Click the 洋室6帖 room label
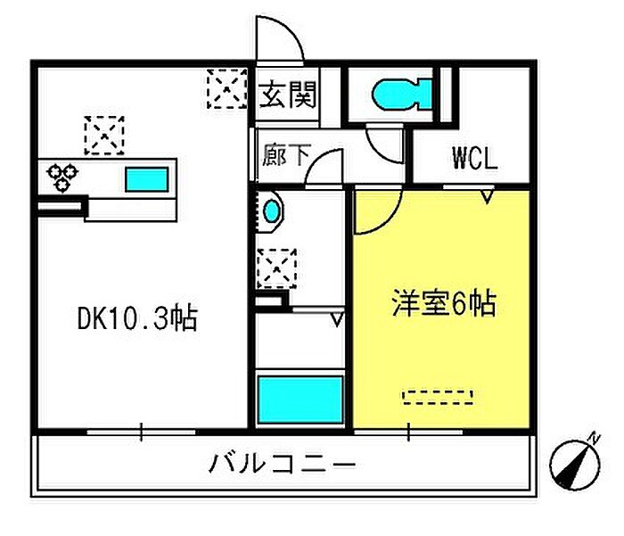click(x=443, y=305)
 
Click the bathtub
click(x=300, y=400)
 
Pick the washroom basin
click(x=272, y=212)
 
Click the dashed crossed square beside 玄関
click(x=226, y=88)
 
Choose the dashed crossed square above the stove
click(x=104, y=136)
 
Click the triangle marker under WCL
click(x=488, y=194)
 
